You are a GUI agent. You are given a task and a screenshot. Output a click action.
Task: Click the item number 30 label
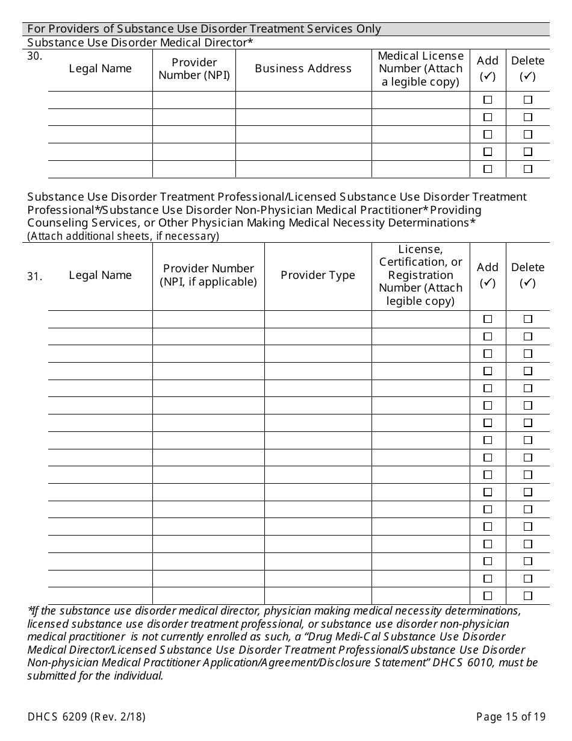34,55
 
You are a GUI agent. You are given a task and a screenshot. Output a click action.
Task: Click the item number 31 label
34,277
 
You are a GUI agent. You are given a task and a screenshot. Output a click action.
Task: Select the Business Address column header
303,69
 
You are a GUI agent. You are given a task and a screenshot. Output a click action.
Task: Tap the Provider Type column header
317,275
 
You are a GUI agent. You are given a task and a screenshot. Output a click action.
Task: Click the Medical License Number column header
420,69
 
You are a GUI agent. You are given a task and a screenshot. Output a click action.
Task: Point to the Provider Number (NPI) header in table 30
194,69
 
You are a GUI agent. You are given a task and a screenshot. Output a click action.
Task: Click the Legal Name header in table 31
100,275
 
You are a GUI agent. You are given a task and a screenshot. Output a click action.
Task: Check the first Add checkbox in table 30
488,100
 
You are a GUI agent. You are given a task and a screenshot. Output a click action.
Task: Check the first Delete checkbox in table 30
527,100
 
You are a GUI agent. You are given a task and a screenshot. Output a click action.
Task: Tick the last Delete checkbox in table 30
527,169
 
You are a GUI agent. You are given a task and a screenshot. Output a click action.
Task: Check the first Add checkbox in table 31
488,319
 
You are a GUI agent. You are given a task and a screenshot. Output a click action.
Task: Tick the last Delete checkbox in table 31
527,596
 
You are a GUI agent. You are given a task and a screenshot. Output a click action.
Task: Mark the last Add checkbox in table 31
488,596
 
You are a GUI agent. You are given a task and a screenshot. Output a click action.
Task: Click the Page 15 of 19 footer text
511,717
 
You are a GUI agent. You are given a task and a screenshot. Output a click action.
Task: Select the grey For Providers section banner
286,29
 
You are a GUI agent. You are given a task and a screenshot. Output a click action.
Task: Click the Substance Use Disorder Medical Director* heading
140,42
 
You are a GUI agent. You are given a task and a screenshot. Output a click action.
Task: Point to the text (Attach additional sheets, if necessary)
123,236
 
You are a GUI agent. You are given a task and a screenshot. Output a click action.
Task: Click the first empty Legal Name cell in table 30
100,100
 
